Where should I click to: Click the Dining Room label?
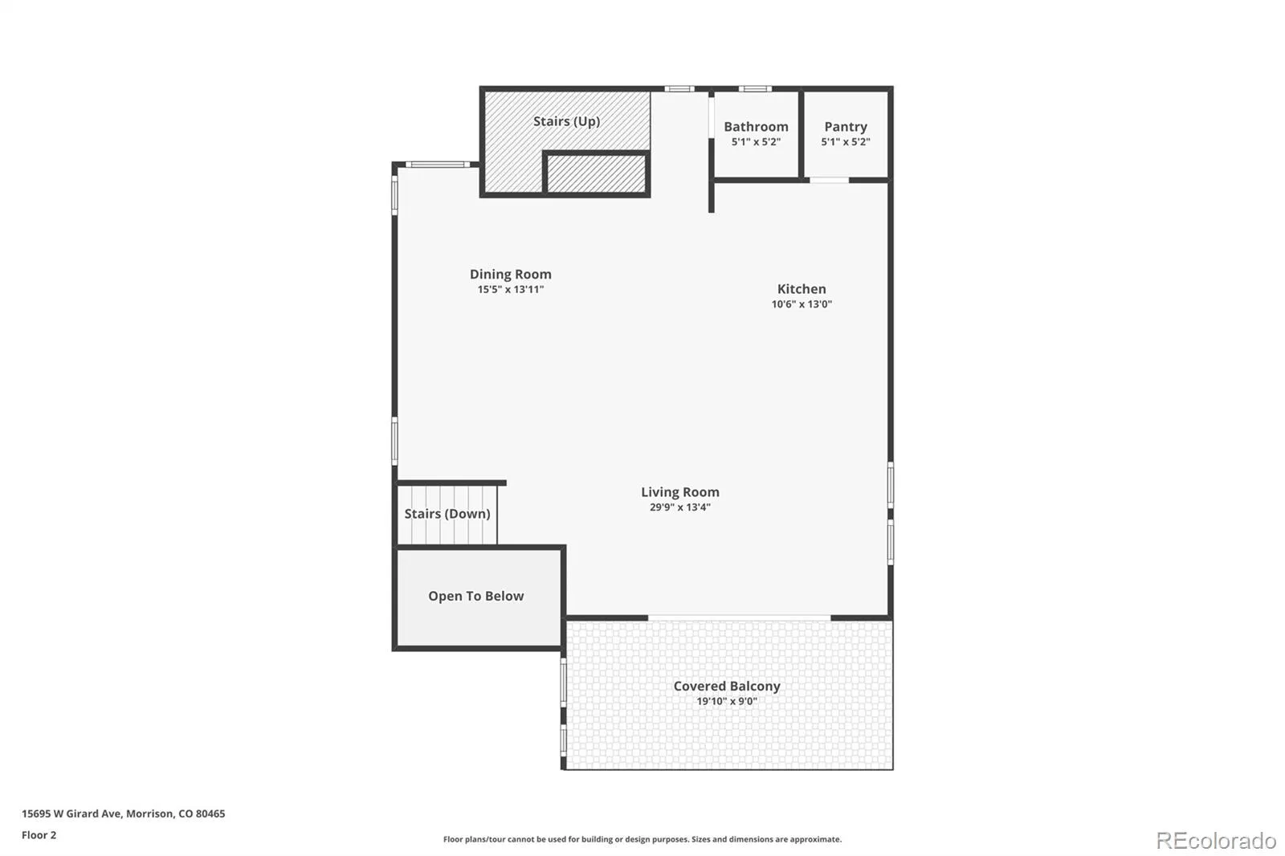(511, 275)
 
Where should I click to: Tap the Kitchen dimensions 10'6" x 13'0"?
(802, 304)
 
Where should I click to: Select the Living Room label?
(679, 491)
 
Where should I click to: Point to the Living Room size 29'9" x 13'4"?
(679, 507)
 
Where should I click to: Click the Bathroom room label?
(756, 126)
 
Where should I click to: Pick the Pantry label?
(846, 127)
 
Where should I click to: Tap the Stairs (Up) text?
(567, 121)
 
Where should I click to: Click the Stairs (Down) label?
(447, 513)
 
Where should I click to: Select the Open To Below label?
(476, 596)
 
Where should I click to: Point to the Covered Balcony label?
(727, 687)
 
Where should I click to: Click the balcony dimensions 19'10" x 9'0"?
(727, 701)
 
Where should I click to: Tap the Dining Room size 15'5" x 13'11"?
(511, 289)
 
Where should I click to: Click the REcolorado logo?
(1216, 841)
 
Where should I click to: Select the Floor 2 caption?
(39, 835)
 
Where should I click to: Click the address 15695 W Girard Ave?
(71, 813)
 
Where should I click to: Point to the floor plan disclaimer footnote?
(642, 839)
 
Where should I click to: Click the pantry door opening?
(829, 180)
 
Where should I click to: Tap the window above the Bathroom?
(755, 89)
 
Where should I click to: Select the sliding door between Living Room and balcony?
(740, 618)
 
